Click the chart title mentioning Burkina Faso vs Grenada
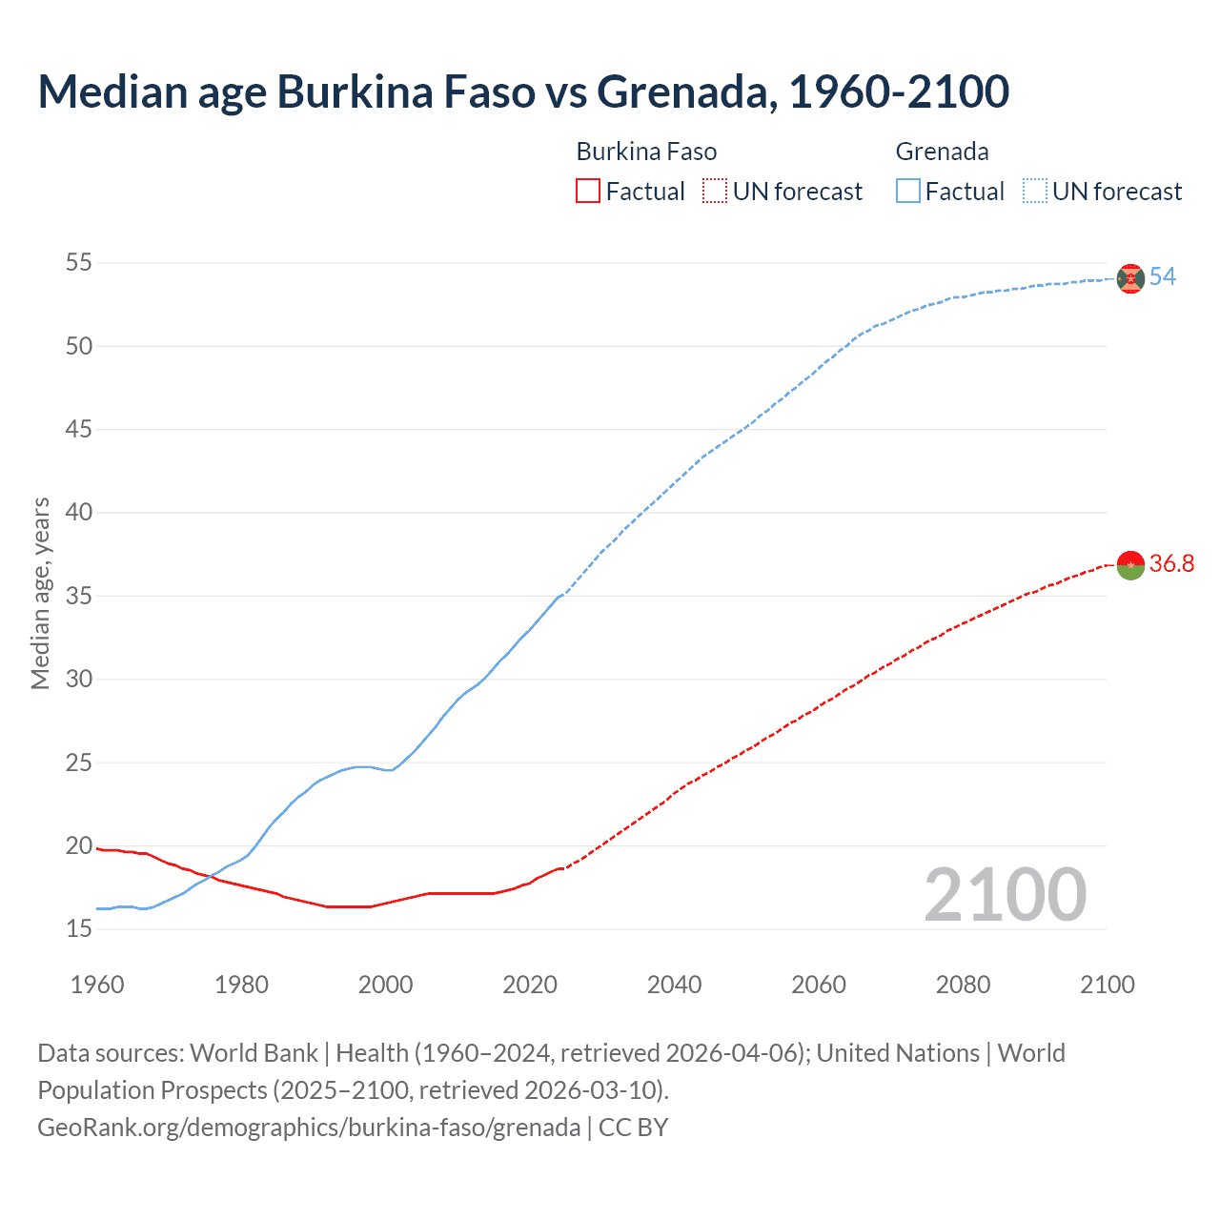click(x=523, y=92)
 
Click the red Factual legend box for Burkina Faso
click(x=588, y=192)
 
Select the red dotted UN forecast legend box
click(x=715, y=192)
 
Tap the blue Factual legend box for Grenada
click(x=907, y=192)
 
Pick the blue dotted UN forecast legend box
click(x=1034, y=192)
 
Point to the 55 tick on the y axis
click(x=79, y=262)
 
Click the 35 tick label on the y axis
click(x=79, y=596)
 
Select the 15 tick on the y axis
click(x=79, y=928)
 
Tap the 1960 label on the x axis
click(x=97, y=985)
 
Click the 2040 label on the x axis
click(x=674, y=985)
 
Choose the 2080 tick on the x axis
click(x=963, y=985)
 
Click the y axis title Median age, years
click(x=40, y=593)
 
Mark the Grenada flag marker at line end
click(x=1130, y=278)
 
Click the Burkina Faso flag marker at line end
click(x=1130, y=565)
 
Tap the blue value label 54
click(x=1162, y=277)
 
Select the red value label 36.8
click(x=1171, y=564)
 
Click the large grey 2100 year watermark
click(x=1005, y=895)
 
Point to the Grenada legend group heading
click(x=942, y=152)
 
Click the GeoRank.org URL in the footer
click(x=309, y=1128)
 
